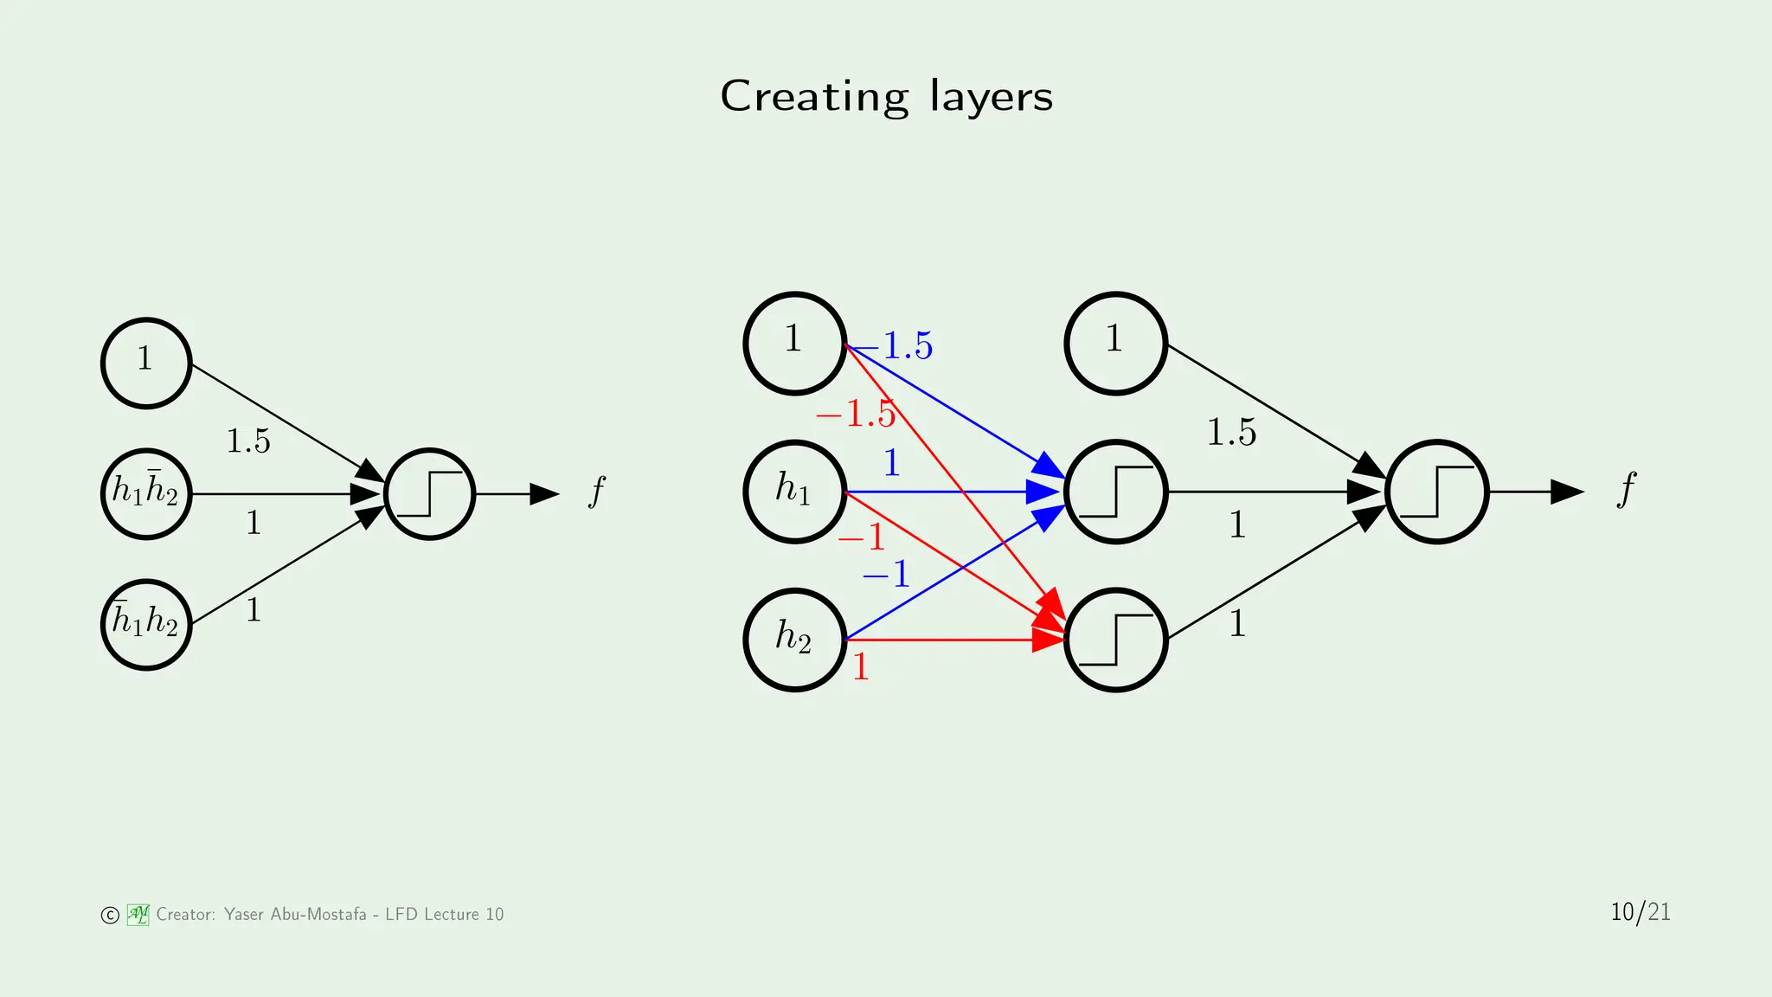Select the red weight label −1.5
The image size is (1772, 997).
[x=856, y=414]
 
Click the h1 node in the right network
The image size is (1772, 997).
[x=794, y=492]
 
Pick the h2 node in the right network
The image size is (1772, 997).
[x=794, y=640]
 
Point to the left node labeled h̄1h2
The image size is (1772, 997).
[x=145, y=624]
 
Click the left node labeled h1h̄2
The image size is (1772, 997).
[x=145, y=493]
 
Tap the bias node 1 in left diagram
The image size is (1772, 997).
[x=145, y=363]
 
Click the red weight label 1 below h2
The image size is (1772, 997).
[x=860, y=667]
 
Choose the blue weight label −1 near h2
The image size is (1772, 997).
[x=887, y=575]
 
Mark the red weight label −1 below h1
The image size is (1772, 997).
[x=863, y=538]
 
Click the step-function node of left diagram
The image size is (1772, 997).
[x=429, y=493]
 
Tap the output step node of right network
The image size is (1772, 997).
[x=1436, y=492]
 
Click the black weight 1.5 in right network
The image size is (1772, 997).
[x=1231, y=433]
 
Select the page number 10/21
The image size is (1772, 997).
[x=1640, y=912]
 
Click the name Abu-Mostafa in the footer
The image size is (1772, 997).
[x=318, y=915]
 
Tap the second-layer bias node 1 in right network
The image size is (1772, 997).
[x=1115, y=343]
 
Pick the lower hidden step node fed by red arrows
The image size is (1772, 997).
[x=1115, y=640]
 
